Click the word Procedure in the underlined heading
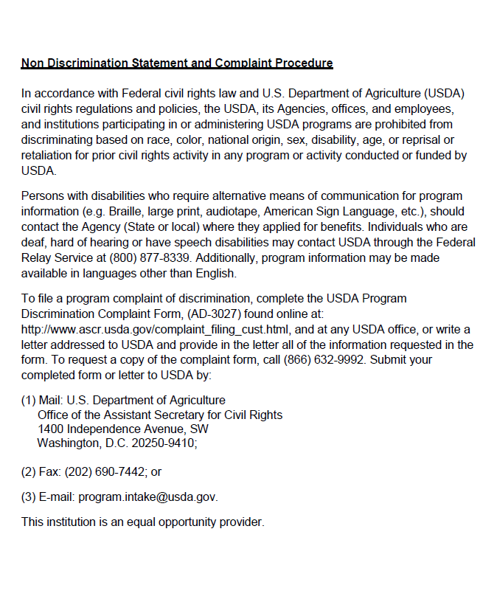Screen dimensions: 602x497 (304, 63)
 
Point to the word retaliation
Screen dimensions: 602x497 (48, 156)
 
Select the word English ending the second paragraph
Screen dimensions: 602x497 (213, 274)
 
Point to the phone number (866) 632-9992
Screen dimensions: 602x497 (327, 360)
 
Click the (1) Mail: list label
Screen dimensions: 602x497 (42, 401)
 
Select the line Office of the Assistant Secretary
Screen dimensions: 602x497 (160, 415)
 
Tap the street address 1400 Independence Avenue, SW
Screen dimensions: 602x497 (122, 429)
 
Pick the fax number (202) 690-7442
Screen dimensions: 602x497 (105, 471)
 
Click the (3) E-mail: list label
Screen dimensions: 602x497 (48, 497)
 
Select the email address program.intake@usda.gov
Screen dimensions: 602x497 (147, 497)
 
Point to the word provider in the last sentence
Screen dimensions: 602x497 (239, 522)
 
